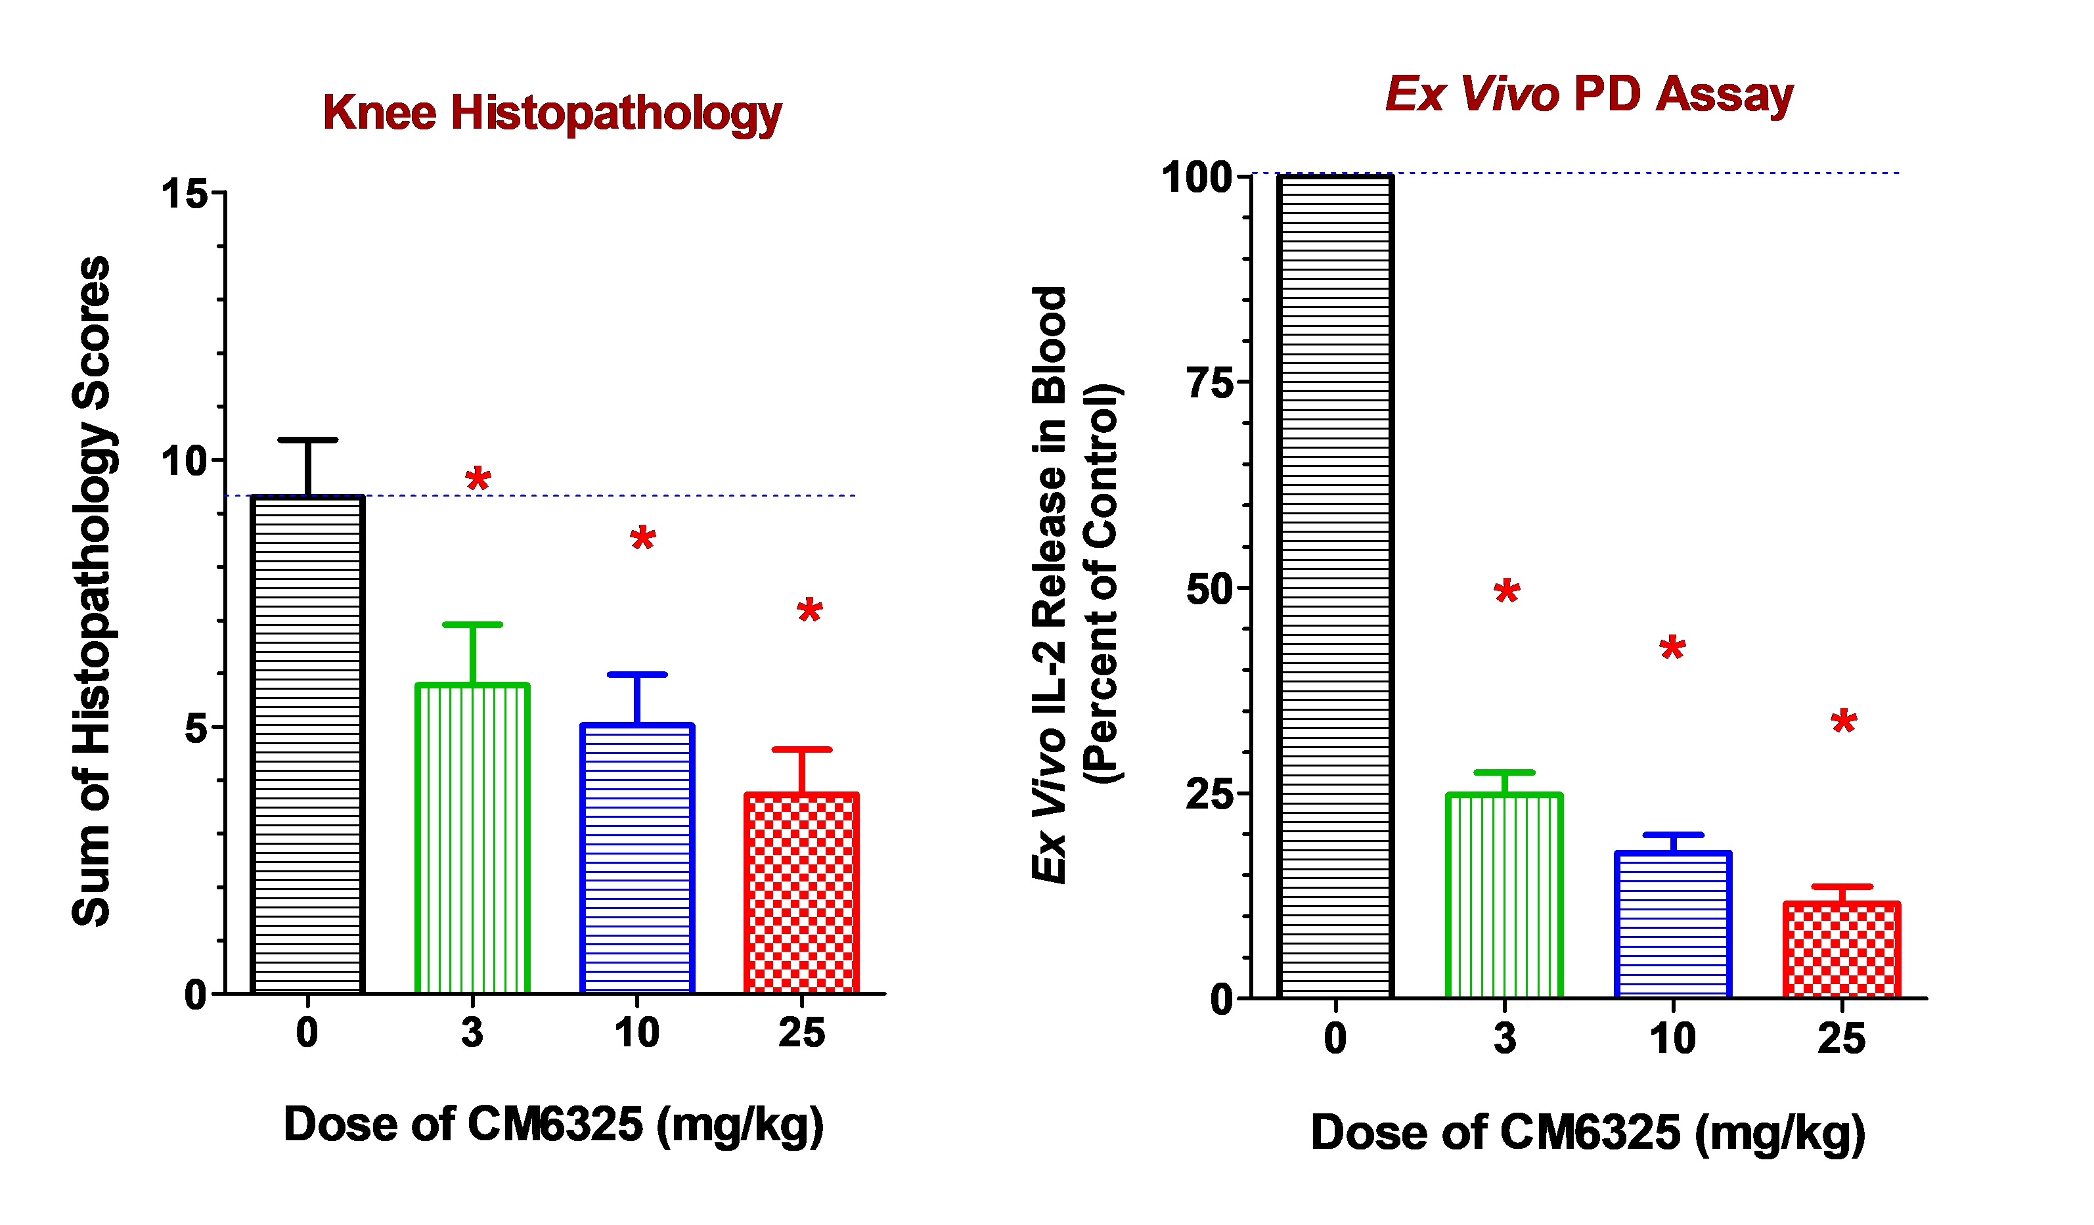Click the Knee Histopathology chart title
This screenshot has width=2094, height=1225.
point(552,113)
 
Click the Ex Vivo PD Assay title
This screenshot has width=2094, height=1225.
point(1588,94)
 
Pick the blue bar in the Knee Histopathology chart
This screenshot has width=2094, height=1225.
point(636,858)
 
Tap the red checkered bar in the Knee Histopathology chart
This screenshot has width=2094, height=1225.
point(801,893)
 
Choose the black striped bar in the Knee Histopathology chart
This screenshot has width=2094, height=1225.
point(307,744)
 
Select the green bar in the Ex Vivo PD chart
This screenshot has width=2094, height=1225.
point(1504,895)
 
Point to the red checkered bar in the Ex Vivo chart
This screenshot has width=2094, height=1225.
point(1841,949)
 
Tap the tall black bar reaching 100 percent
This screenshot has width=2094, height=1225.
point(1335,586)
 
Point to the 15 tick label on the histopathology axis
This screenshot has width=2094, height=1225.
point(185,194)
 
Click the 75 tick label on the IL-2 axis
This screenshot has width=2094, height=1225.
point(1210,383)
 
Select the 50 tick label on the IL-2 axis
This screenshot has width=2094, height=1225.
point(1210,589)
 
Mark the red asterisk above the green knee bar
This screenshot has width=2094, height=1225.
point(478,479)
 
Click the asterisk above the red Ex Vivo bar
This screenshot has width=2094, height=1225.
point(1844,721)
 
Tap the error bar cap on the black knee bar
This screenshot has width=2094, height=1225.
point(307,439)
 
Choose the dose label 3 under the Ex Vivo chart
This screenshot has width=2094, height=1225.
point(1505,1039)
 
